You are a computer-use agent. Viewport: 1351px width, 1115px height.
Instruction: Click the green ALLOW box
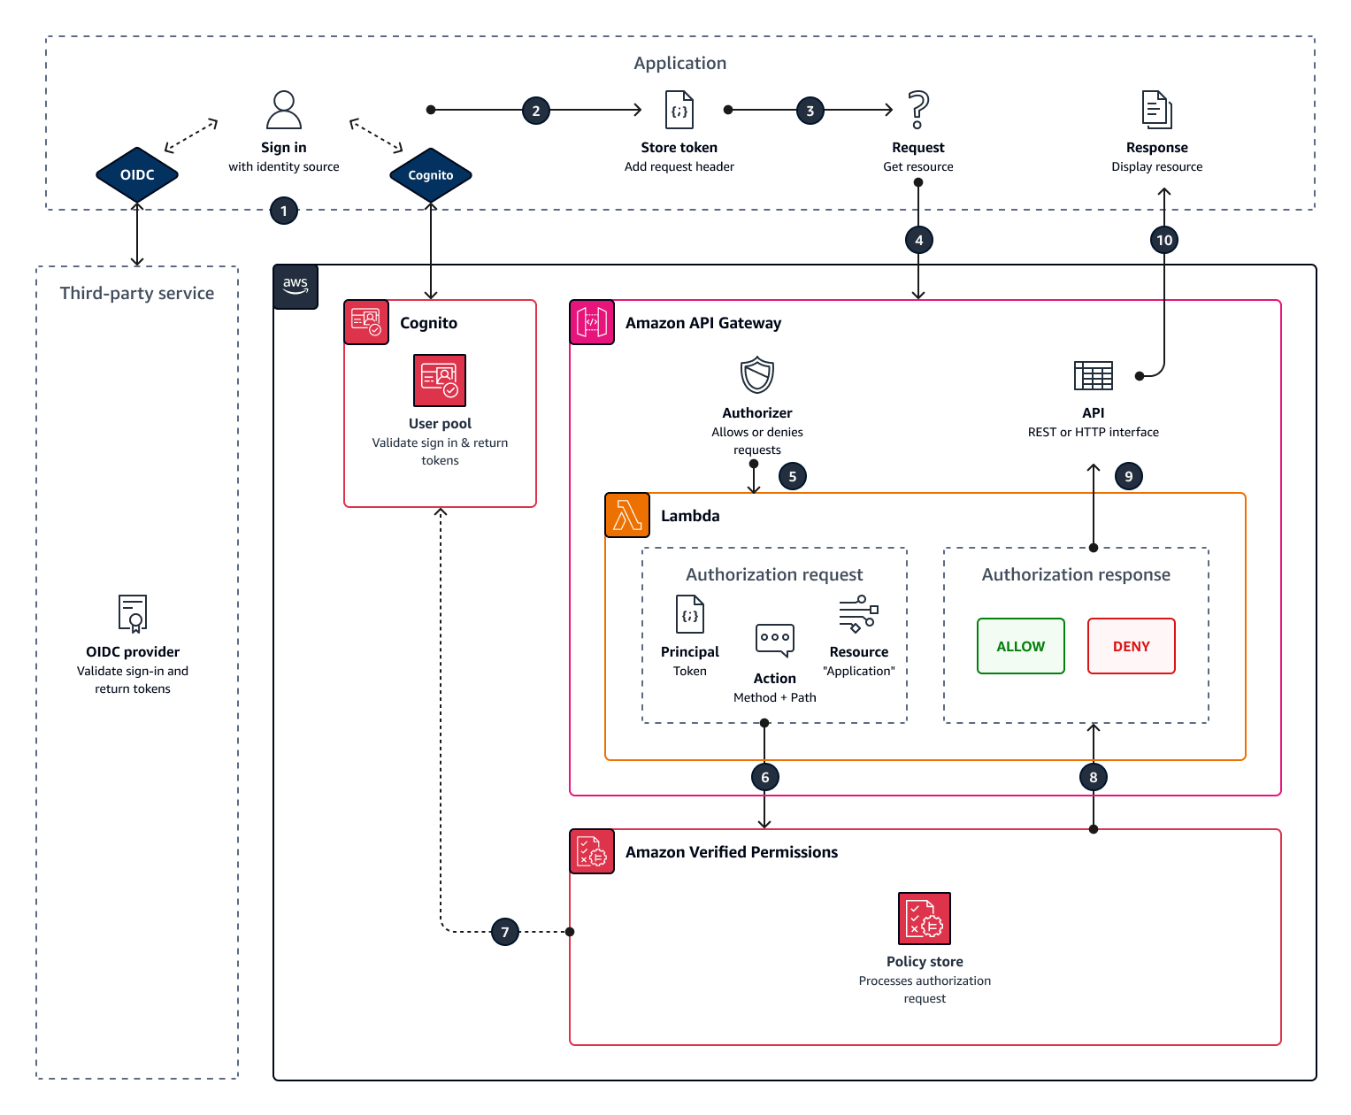[x=1020, y=646]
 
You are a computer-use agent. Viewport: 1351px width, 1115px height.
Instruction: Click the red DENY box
[x=1131, y=646]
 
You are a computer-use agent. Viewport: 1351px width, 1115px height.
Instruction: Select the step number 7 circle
[x=504, y=931]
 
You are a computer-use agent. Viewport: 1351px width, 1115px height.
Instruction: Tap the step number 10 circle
[x=1163, y=240]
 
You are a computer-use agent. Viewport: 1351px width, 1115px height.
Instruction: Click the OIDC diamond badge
[x=137, y=174]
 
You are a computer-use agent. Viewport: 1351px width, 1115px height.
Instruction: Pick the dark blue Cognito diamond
[x=431, y=174]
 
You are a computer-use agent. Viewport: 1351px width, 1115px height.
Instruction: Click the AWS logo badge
[x=296, y=286]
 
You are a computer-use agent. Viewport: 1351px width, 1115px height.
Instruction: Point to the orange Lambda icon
[x=627, y=515]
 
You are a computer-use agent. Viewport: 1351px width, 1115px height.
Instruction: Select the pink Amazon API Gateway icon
[x=592, y=322]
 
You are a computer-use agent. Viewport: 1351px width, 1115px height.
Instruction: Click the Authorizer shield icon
[x=757, y=375]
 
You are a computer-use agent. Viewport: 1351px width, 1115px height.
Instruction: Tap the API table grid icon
[x=1093, y=375]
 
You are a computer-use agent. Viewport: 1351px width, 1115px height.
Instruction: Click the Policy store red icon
[x=925, y=919]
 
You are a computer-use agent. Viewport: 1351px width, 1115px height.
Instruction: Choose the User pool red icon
[x=440, y=381]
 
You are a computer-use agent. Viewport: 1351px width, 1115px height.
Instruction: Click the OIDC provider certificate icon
[x=133, y=613]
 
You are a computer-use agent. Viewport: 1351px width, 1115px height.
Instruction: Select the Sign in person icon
[x=284, y=110]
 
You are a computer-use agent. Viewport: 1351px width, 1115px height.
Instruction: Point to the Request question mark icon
[x=918, y=110]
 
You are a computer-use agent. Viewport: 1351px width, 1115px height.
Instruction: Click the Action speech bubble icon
[x=775, y=640]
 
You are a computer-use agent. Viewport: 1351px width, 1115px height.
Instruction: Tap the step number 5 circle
[x=792, y=476]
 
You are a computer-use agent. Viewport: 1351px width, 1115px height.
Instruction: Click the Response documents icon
[x=1156, y=110]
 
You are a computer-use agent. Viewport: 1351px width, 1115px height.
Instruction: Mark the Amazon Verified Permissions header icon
[x=592, y=851]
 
